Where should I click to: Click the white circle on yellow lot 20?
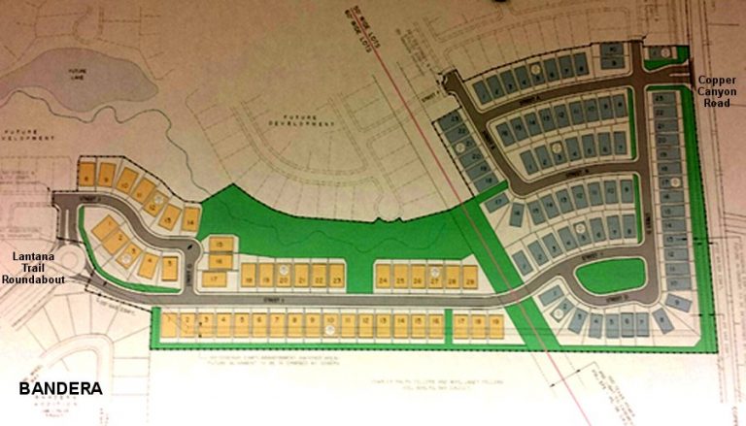pyautogui.click(x=284, y=269)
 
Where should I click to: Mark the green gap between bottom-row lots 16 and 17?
pyautogui.click(x=449, y=325)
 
